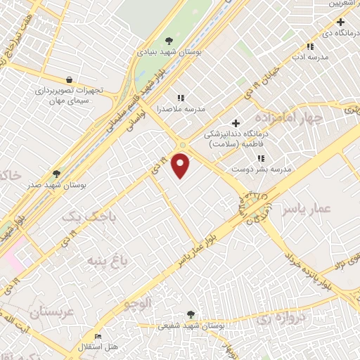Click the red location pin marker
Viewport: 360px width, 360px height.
coord(182,165)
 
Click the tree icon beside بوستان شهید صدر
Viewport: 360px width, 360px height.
coord(56,173)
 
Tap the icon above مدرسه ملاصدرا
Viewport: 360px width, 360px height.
coord(180,98)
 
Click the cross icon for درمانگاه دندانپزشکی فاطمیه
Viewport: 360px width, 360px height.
coord(236,123)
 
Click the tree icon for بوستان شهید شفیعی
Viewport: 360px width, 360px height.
coord(191,314)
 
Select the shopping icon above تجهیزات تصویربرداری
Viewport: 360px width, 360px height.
coord(68,80)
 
